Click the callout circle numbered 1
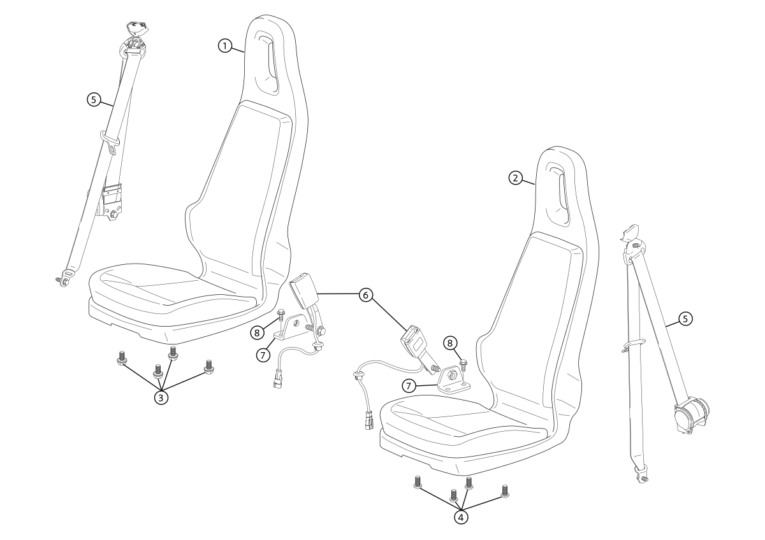tap(225, 45)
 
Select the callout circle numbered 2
tap(516, 178)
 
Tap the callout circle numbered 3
tap(161, 397)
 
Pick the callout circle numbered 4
tap(461, 518)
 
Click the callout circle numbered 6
tap(366, 295)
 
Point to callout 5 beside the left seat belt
tap(94, 100)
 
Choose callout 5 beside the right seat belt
tap(685, 319)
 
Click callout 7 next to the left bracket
tap(263, 355)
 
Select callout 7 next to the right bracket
tap(409, 386)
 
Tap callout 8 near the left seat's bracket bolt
tap(257, 332)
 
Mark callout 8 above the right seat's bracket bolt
tap(450, 343)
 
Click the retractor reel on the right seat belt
tap(690, 415)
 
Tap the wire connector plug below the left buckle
tap(277, 380)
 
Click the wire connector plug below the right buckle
tap(368, 421)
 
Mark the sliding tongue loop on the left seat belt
tap(110, 141)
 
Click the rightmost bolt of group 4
tap(505, 490)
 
